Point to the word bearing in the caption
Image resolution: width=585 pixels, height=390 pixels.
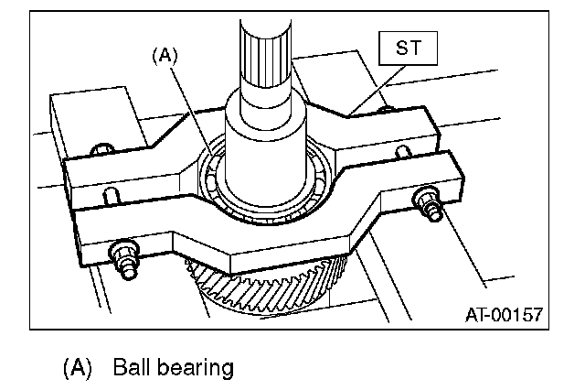195,368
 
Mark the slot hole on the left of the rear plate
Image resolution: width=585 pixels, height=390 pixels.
111,195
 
